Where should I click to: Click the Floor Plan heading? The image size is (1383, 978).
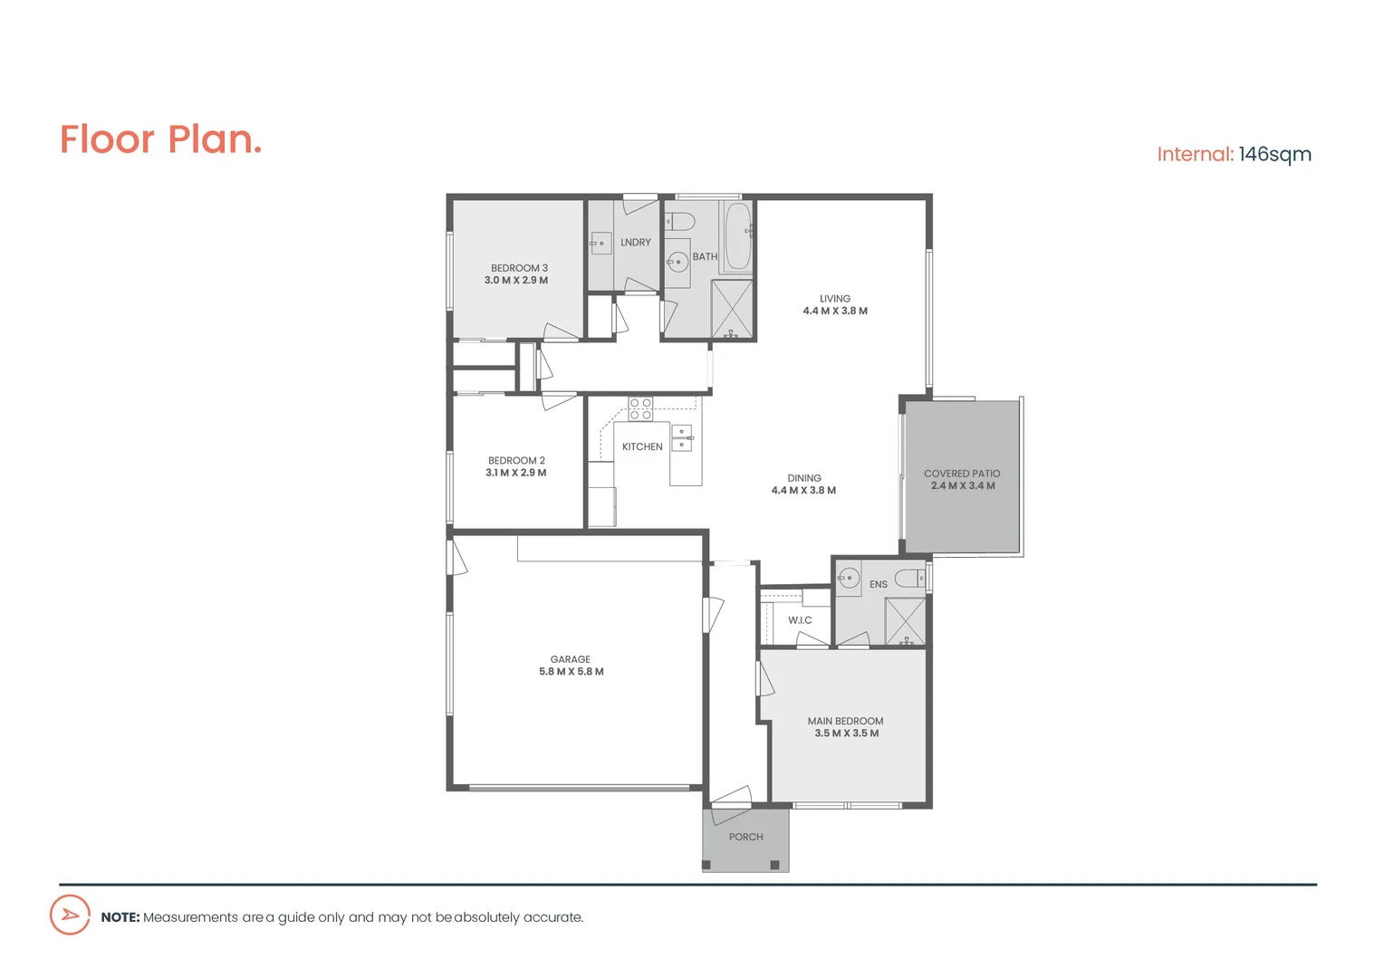tap(161, 139)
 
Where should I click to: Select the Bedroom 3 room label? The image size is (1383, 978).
tap(519, 268)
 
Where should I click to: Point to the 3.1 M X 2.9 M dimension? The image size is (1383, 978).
tap(516, 473)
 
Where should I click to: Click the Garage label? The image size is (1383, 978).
tap(571, 659)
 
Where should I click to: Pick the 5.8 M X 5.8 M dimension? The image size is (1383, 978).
tap(571, 672)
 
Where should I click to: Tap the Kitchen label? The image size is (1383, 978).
tap(642, 446)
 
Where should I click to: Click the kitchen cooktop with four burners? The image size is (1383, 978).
tap(640, 408)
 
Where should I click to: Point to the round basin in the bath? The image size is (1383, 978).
tap(677, 262)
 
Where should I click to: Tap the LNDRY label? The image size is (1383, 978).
tap(636, 243)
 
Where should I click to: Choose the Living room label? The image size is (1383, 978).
tap(835, 298)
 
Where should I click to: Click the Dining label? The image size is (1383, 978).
tap(804, 478)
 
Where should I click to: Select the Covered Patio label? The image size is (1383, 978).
tap(962, 474)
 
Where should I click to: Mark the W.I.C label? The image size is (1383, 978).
tap(800, 620)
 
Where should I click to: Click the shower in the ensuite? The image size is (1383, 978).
tap(905, 621)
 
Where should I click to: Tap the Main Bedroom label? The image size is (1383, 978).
tap(846, 721)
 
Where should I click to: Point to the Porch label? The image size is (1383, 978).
tap(746, 837)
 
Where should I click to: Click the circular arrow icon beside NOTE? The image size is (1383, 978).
tap(70, 916)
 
